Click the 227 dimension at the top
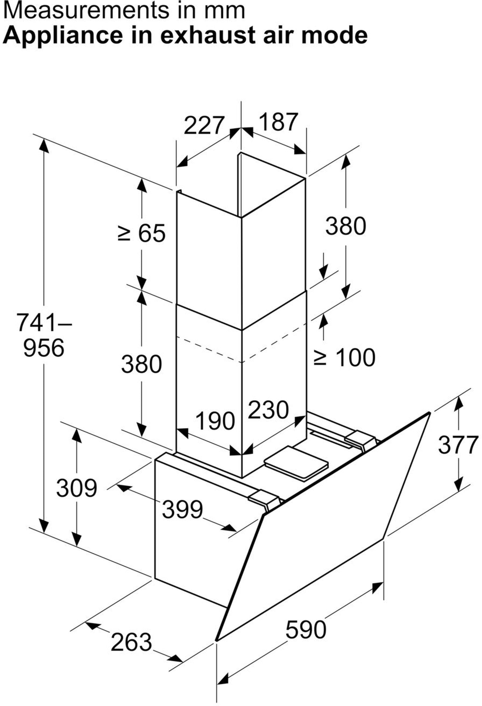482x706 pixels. (203, 125)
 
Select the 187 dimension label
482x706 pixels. (278, 121)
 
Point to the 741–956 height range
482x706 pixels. (44, 335)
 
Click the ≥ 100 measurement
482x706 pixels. (344, 357)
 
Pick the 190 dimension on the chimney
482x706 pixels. (215, 420)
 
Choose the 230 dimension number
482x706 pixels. (269, 410)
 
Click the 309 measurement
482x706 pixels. (76, 488)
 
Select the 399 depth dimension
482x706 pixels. (182, 509)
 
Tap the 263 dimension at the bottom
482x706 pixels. (131, 642)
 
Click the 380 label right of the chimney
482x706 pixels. (346, 226)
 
